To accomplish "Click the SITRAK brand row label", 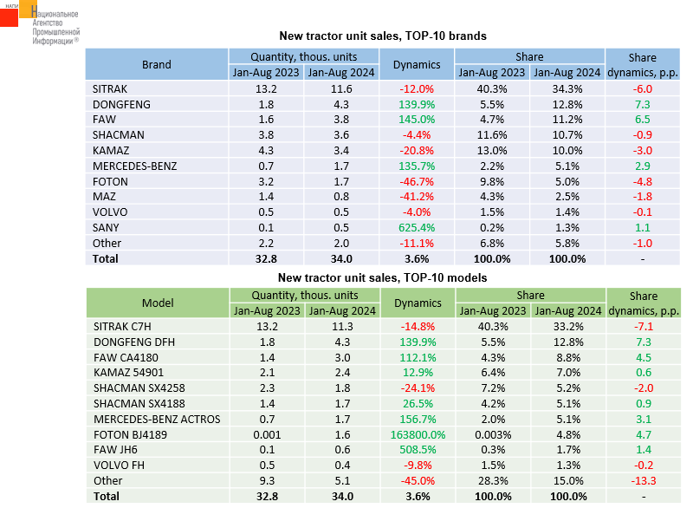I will [109, 88].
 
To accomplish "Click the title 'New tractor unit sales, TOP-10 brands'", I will [382, 36].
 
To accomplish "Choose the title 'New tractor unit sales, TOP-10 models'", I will [382, 278].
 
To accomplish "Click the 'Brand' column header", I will [157, 65].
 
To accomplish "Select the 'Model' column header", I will [158, 303].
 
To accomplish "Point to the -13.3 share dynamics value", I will [642, 481].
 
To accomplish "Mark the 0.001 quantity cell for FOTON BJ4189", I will [266, 435].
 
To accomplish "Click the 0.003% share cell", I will [494, 435].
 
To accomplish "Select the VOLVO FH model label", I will [116, 466].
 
